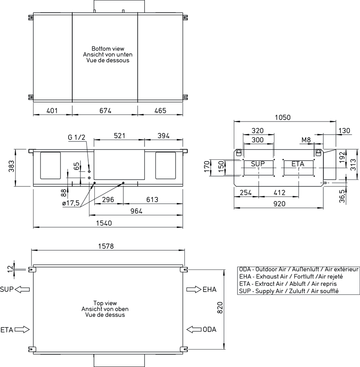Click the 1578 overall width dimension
click(x=106, y=246)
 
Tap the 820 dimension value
click(x=220, y=307)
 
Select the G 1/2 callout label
click(x=77, y=137)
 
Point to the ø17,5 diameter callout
click(x=71, y=203)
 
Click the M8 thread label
click(x=306, y=140)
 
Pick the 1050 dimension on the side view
click(x=282, y=117)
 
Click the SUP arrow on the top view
click(x=22, y=290)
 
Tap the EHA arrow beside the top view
click(x=194, y=290)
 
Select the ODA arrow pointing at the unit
click(x=194, y=329)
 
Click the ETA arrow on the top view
click(x=22, y=330)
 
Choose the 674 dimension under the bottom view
click(x=105, y=111)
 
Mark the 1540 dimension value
click(x=104, y=223)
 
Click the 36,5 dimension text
click(x=342, y=196)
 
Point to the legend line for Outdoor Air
click(x=299, y=270)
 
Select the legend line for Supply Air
click(x=289, y=291)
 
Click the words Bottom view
click(x=108, y=49)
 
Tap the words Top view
click(x=105, y=303)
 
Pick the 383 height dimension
click(x=11, y=166)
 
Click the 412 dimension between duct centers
click(x=280, y=192)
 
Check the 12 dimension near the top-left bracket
click(x=10, y=269)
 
